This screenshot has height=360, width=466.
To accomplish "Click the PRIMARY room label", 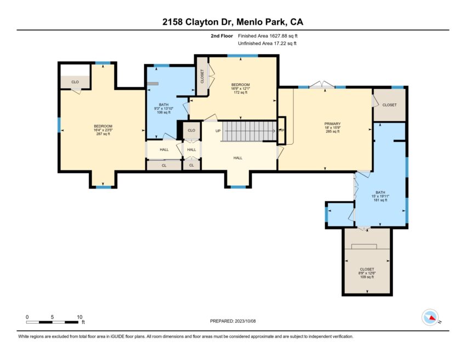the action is tap(332, 124).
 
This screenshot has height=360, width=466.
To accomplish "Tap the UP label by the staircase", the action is tap(218, 131).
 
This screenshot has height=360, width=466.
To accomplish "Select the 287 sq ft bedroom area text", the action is tap(103, 134).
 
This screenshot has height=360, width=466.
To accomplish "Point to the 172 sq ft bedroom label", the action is tap(241, 93).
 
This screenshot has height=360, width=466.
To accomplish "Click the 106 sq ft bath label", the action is tap(163, 112).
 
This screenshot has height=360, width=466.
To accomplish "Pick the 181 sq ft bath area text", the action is tap(380, 200).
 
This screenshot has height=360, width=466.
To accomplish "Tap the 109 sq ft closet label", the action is tap(367, 277).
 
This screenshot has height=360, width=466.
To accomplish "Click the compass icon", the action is tap(430, 317).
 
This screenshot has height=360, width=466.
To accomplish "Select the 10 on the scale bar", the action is tap(79, 317).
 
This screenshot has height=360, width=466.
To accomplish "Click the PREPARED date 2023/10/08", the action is tap(245, 321).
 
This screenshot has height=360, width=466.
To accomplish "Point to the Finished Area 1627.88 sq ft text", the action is tap(268, 36).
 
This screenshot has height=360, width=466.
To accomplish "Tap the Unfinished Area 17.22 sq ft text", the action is tap(267, 43).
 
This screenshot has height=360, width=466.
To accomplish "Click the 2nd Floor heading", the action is tap(221, 36).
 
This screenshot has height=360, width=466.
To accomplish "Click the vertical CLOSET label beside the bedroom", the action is tap(202, 76).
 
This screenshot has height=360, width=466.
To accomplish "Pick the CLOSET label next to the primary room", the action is tap(389, 105).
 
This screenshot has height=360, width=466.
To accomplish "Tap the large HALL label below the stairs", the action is tap(238, 158).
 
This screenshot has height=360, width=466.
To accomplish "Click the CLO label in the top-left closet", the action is tap(75, 82).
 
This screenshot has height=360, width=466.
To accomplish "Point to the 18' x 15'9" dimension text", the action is tap(332, 128).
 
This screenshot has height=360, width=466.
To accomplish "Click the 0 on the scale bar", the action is tap(27, 317).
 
